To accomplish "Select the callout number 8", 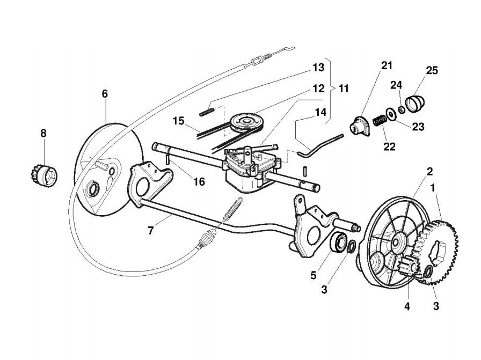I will click(x=43, y=131).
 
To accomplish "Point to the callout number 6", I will click(x=105, y=93).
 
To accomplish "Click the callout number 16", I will click(x=199, y=181).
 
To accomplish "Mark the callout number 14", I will click(x=320, y=112).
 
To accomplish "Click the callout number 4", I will click(x=407, y=306).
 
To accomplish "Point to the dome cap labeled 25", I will click(x=415, y=102).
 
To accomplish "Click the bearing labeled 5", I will click(x=338, y=242).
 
